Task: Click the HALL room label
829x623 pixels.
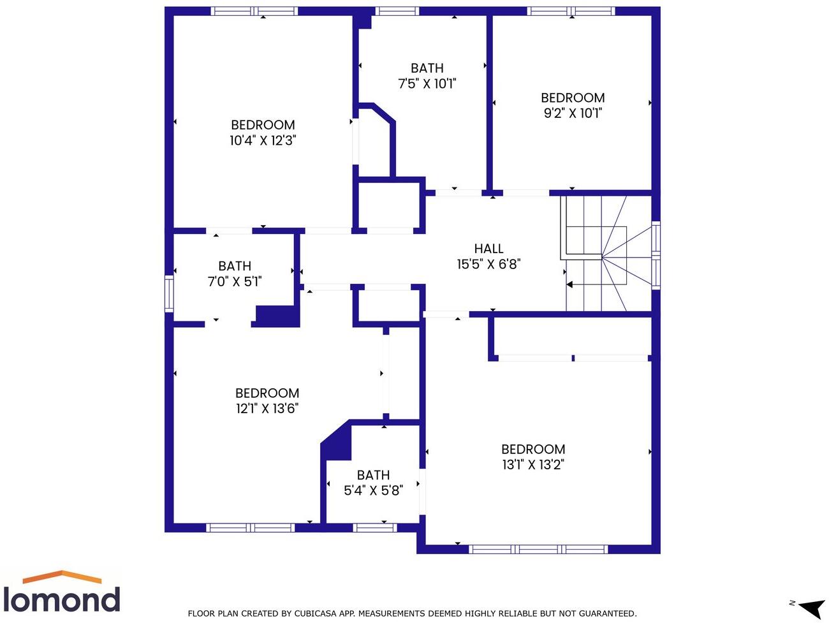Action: pyautogui.click(x=488, y=249)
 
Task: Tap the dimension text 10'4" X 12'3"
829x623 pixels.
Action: pyautogui.click(x=263, y=140)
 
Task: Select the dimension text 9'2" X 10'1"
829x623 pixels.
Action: pyautogui.click(x=573, y=114)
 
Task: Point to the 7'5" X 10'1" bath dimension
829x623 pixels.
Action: pyautogui.click(x=427, y=84)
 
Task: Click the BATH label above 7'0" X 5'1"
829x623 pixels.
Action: pyautogui.click(x=235, y=266)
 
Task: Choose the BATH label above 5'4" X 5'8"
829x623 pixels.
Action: pyautogui.click(x=373, y=475)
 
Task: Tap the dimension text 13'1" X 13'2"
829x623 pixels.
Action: pyautogui.click(x=533, y=465)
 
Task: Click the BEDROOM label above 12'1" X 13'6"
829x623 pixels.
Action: pyautogui.click(x=267, y=393)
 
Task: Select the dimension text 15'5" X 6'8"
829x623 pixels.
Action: pyautogui.click(x=488, y=264)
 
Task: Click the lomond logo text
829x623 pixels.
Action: pyautogui.click(x=62, y=600)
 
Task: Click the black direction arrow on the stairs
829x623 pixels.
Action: pyautogui.click(x=570, y=284)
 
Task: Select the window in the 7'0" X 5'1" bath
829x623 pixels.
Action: pyautogui.click(x=169, y=293)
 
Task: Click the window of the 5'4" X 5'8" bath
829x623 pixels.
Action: pyautogui.click(x=374, y=527)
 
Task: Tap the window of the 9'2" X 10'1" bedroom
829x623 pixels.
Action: pyautogui.click(x=571, y=11)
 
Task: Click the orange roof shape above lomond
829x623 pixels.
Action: pyautogui.click(x=62, y=576)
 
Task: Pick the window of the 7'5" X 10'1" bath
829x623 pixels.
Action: pyautogui.click(x=397, y=11)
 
